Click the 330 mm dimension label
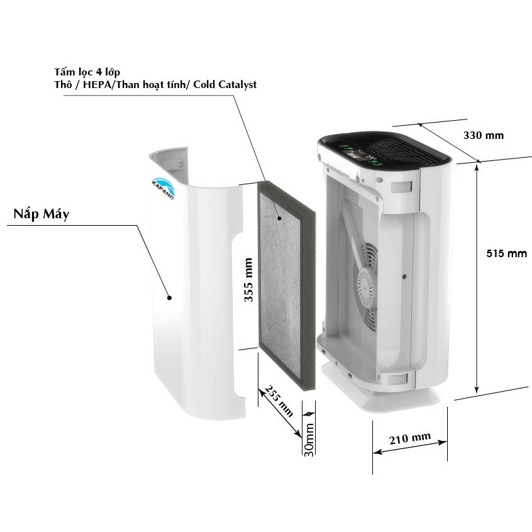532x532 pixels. click(x=484, y=135)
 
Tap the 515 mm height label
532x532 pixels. click(x=507, y=253)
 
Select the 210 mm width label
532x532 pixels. click(x=410, y=438)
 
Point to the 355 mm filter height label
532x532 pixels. click(x=248, y=280)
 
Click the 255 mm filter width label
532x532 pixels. click(x=279, y=401)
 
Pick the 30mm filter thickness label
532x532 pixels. click(x=309, y=440)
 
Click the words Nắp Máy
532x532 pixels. click(x=42, y=214)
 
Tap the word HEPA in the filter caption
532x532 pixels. click(x=97, y=84)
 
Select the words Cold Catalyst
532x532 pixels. click(x=225, y=84)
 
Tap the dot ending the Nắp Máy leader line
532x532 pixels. click(x=169, y=298)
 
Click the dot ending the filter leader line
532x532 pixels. click(x=279, y=218)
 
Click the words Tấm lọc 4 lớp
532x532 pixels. click(x=87, y=72)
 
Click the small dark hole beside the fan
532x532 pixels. click(x=404, y=277)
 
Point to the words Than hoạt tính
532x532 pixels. click(x=152, y=84)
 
